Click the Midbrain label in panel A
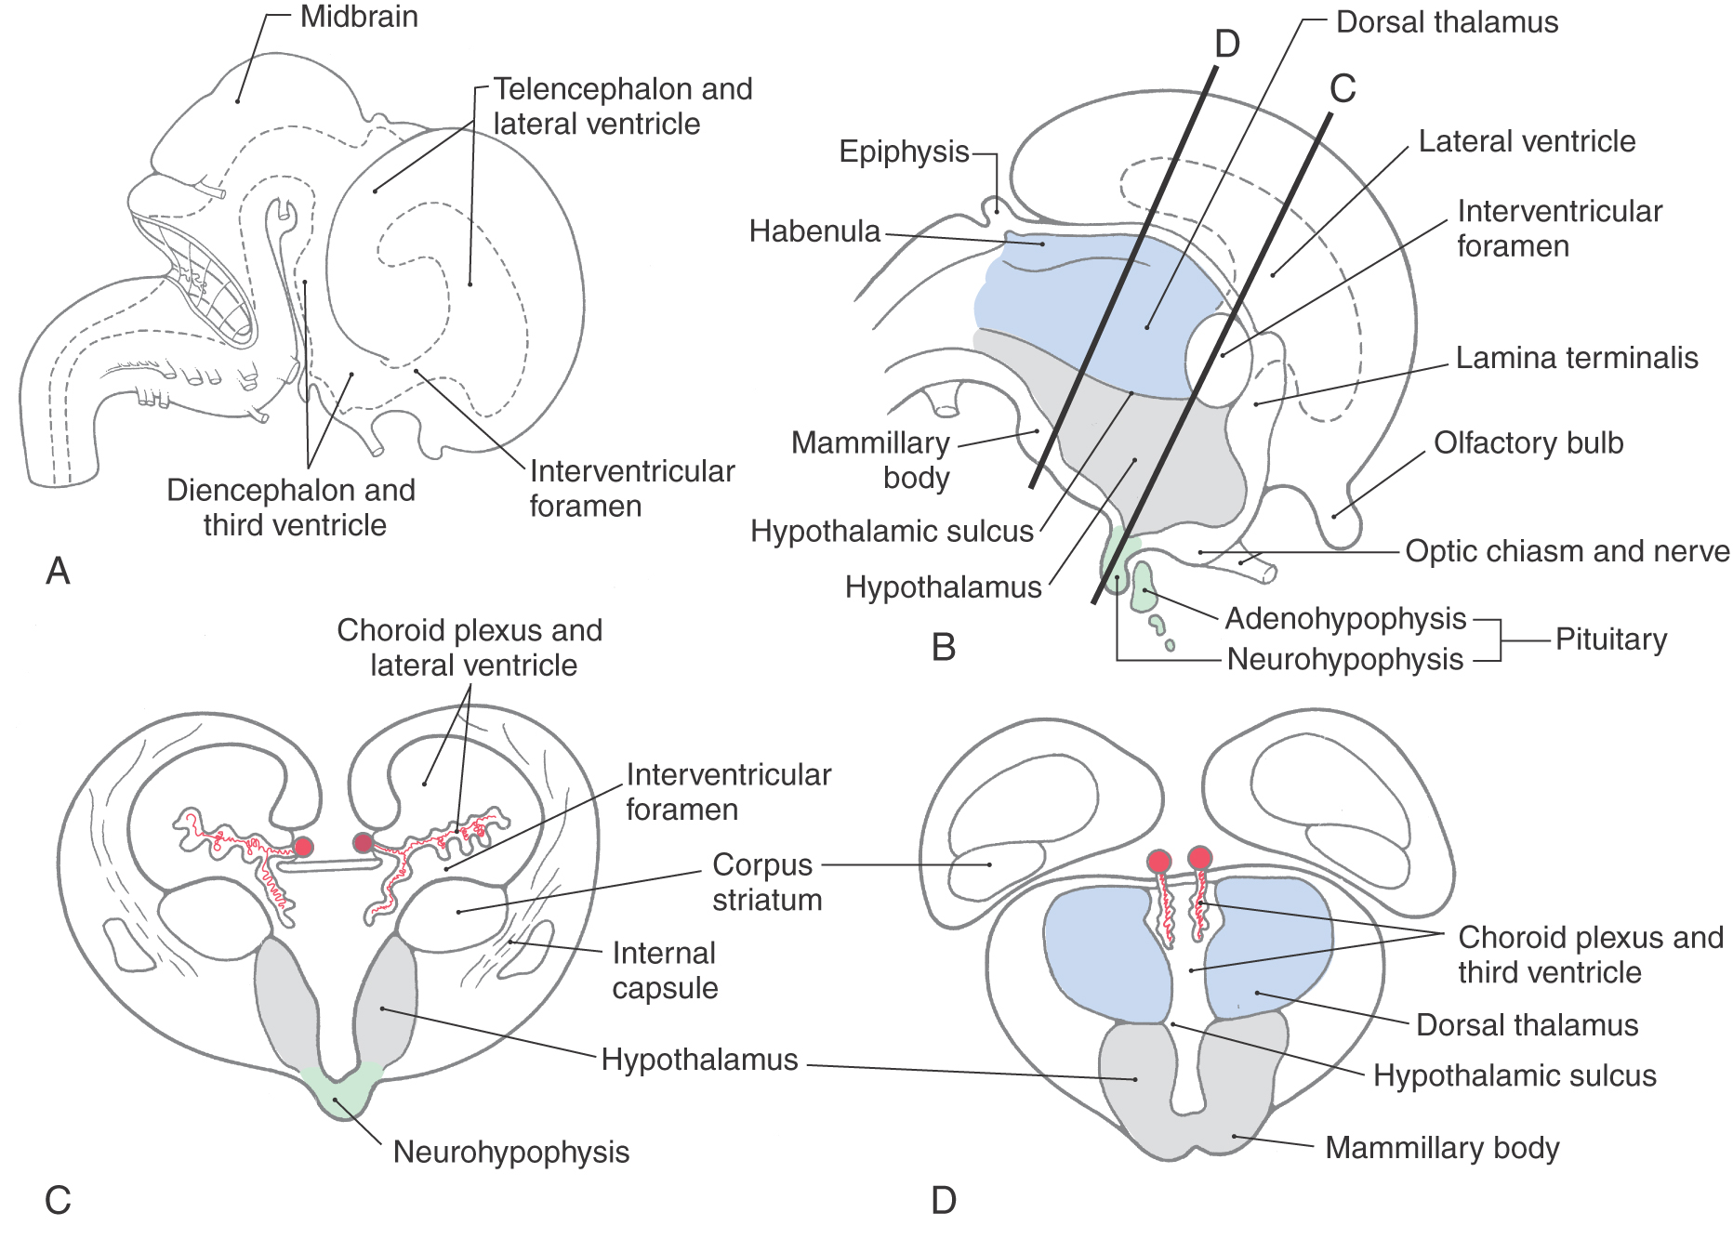point(358,18)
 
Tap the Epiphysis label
point(904,152)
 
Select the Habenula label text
point(814,231)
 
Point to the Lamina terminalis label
point(1576,358)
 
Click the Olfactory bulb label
point(1528,443)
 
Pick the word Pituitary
point(1610,639)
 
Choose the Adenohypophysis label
point(1344,618)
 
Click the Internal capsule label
point(664,970)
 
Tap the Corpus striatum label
point(766,882)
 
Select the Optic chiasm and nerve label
point(1567,551)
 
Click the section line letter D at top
point(1227,44)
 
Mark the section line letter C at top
point(1343,89)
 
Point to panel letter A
point(58,571)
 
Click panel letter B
point(943,647)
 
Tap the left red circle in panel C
point(302,847)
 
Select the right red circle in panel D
point(1200,858)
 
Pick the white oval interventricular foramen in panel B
point(1215,360)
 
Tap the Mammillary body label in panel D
point(1441,1148)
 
